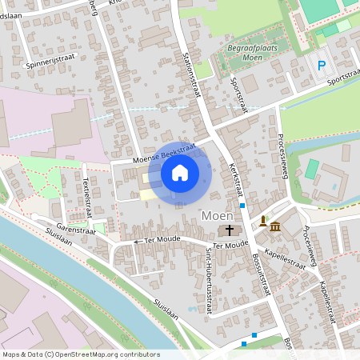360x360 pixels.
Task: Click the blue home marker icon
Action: (180, 173)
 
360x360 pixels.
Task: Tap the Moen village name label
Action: (217, 215)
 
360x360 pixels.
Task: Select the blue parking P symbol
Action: (322, 66)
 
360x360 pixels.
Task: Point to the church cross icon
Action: (230, 230)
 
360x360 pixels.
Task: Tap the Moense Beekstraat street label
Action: (154, 154)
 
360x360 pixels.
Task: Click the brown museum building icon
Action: (275, 227)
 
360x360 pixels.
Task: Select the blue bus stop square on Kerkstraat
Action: (242, 206)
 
